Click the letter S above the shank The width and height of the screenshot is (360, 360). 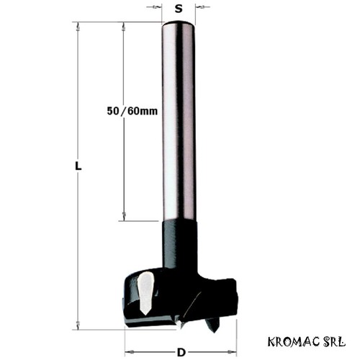click(x=179, y=9)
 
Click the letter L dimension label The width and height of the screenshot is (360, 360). click(x=78, y=166)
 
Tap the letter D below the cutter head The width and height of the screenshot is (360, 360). click(x=181, y=353)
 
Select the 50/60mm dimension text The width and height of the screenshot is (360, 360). click(x=132, y=111)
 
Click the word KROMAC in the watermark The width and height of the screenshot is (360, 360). click(x=294, y=341)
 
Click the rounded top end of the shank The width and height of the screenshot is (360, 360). click(x=179, y=24)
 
